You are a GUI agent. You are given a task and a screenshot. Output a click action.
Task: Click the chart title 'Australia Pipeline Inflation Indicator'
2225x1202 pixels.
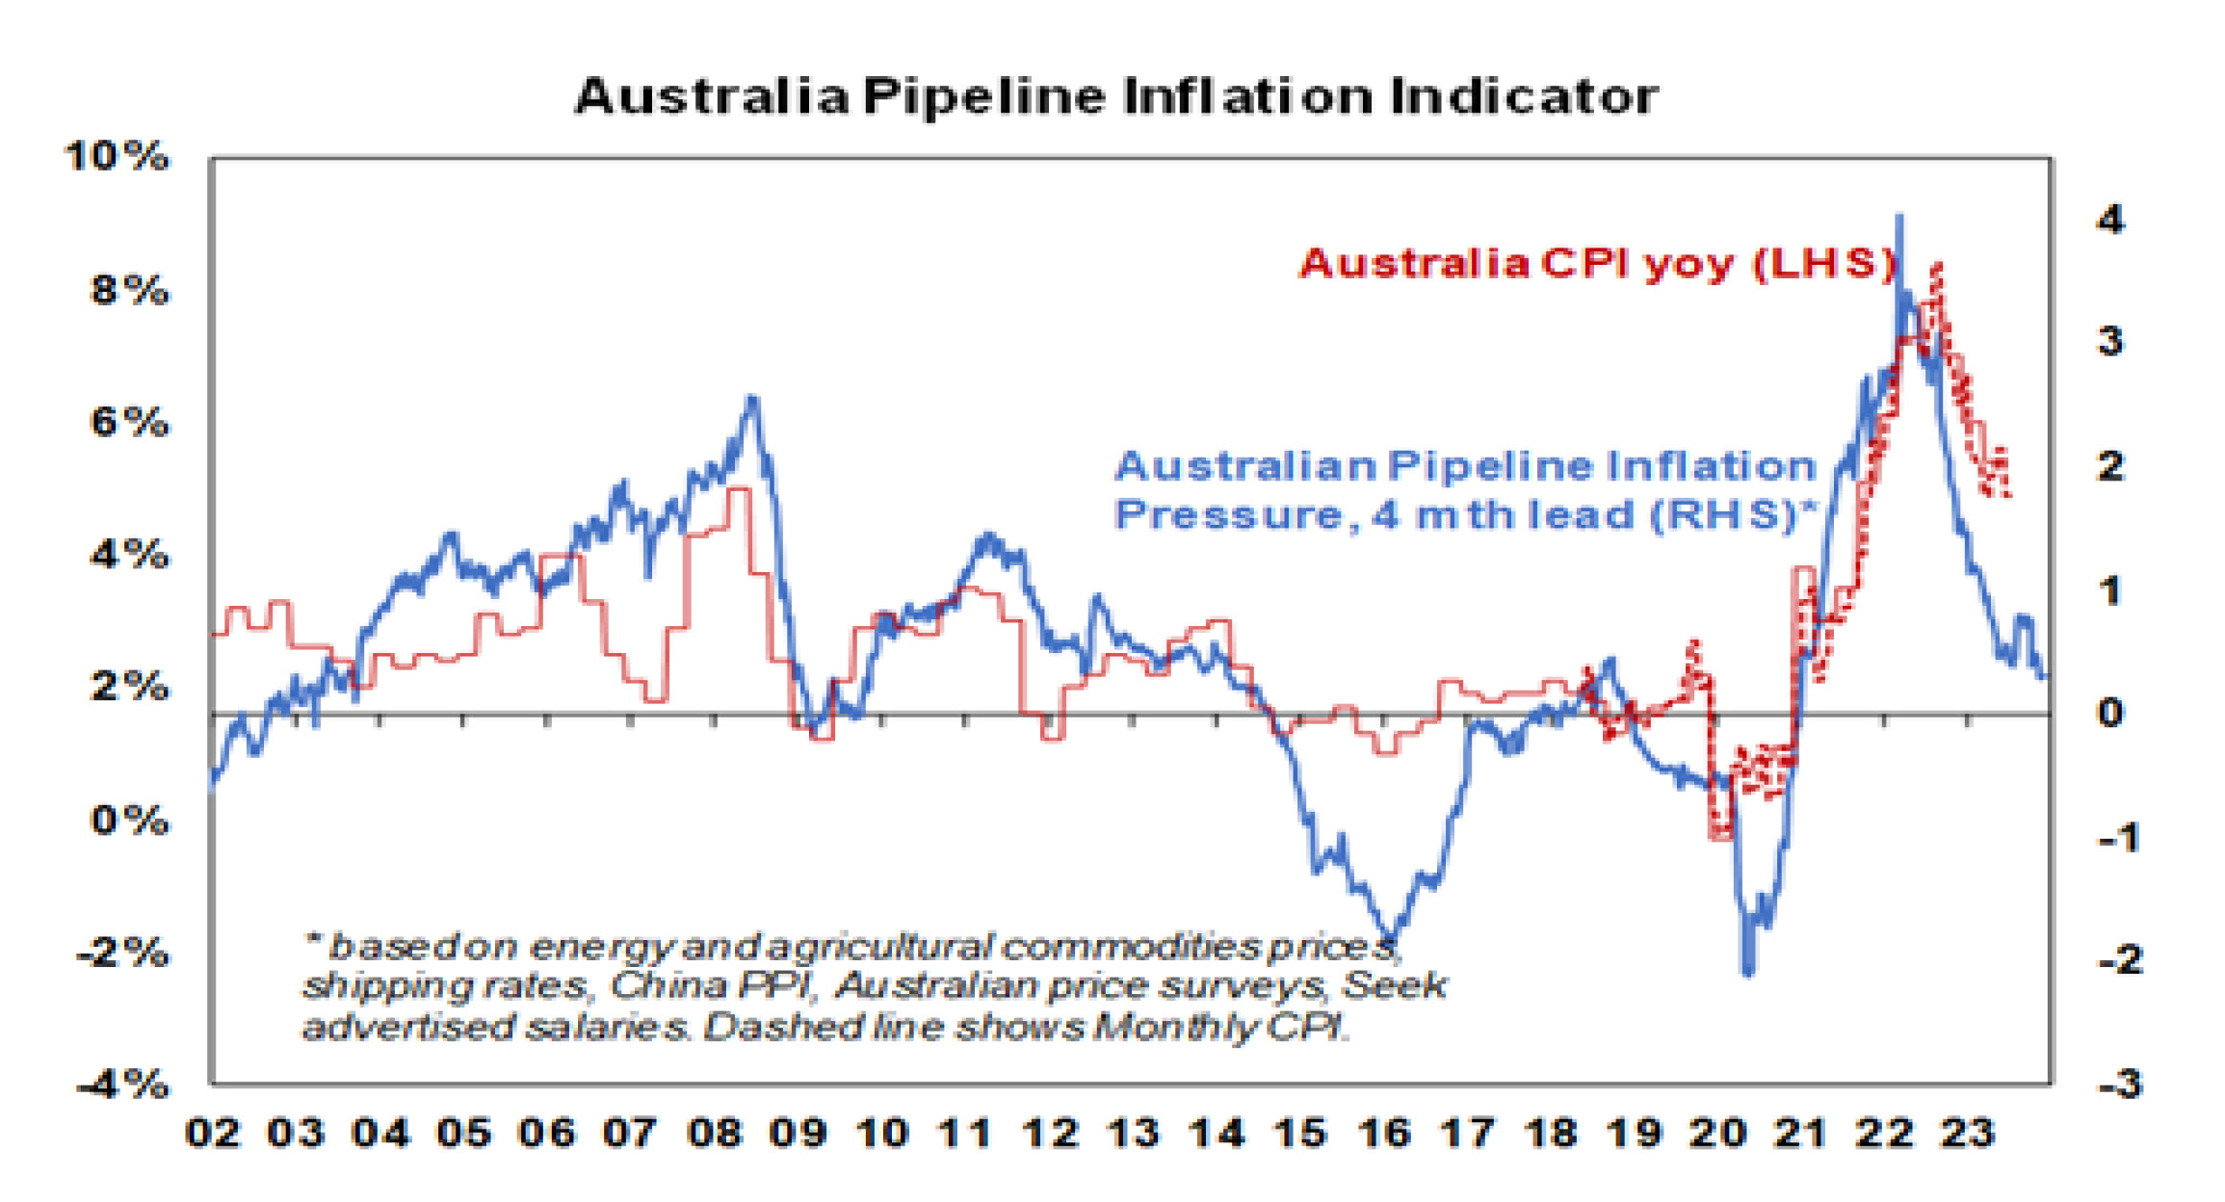[1115, 97]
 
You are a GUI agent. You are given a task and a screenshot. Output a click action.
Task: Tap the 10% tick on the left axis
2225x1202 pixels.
[117, 156]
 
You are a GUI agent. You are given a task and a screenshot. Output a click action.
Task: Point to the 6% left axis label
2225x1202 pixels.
[129, 422]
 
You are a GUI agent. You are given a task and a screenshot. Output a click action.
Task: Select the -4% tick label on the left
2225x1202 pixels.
[122, 1085]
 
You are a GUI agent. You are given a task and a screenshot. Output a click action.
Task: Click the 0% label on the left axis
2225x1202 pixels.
[129, 821]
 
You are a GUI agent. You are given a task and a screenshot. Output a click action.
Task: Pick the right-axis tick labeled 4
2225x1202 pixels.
[2109, 221]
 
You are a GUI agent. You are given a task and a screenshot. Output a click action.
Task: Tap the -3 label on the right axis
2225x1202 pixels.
[2119, 1085]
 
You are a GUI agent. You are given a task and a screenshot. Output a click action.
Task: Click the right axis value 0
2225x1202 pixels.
[2109, 714]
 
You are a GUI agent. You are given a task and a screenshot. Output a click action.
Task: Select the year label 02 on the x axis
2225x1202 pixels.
[212, 1134]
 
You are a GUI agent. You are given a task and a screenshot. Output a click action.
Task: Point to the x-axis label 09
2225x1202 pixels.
[798, 1134]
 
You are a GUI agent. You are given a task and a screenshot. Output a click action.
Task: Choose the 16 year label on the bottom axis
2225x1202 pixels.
[1384, 1134]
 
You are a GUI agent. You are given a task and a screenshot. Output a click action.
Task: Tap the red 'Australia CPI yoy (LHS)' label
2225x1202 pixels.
[1597, 263]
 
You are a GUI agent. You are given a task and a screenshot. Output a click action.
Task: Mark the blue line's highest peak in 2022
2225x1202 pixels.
[1898, 218]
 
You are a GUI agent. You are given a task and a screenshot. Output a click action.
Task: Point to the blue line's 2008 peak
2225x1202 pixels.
[753, 398]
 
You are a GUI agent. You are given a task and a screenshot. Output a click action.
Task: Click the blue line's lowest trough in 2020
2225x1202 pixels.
[1748, 973]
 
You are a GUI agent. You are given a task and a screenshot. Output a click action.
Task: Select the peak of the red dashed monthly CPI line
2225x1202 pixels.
[1936, 266]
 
